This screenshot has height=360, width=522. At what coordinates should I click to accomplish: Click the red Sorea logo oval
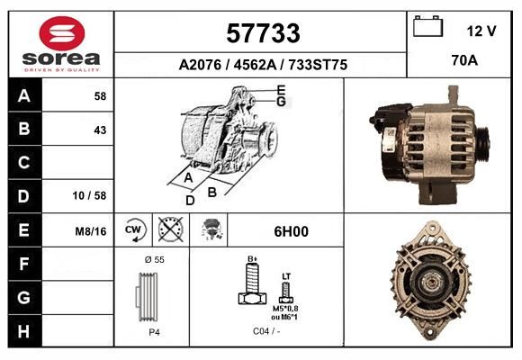tap(62, 33)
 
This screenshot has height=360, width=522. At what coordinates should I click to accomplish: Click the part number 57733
tap(263, 33)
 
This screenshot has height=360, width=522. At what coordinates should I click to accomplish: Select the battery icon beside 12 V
tap(427, 26)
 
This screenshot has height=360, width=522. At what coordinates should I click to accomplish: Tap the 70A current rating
tap(464, 60)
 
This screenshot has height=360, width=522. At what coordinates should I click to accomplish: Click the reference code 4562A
tap(255, 65)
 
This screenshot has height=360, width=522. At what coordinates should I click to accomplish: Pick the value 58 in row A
tap(100, 96)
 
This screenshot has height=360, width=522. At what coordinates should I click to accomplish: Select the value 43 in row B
tap(100, 130)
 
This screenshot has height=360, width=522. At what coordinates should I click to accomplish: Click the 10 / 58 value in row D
tap(90, 195)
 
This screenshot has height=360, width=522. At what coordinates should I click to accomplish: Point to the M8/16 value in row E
tap(91, 231)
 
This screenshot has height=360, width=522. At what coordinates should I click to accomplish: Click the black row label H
tap(24, 331)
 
